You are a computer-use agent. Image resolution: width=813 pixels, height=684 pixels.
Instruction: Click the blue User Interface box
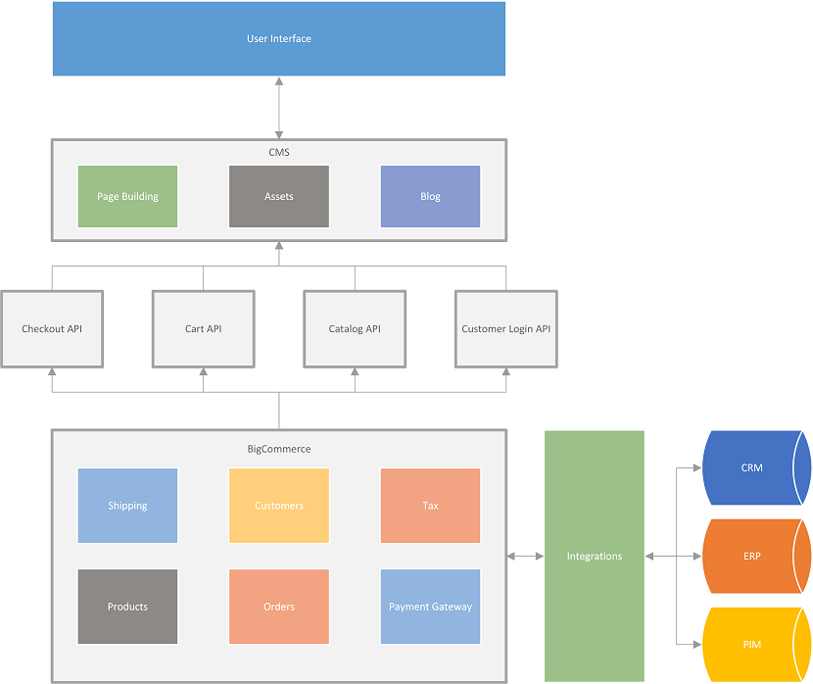coord(279,39)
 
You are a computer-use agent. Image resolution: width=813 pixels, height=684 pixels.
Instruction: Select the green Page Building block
coord(127,196)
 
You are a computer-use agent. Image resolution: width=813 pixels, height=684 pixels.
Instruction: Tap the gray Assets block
coord(279,196)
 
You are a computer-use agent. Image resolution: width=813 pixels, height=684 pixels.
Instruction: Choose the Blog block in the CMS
coord(430,196)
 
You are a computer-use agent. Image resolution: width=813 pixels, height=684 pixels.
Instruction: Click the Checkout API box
coord(52,328)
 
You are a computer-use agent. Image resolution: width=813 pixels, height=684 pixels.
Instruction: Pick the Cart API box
coord(203,328)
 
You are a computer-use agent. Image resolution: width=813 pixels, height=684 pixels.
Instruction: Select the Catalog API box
coord(355,328)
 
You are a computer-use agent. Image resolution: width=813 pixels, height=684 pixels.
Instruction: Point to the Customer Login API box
coord(505,328)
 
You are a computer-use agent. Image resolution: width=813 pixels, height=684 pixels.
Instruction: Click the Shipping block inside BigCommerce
coord(127,506)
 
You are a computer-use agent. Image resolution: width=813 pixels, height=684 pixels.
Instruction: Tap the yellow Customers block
coord(279,506)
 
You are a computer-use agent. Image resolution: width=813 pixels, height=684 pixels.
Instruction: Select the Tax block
coord(430,506)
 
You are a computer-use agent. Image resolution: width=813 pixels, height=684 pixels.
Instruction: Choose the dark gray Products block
coord(127,607)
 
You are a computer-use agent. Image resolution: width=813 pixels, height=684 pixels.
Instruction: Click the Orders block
coord(279,607)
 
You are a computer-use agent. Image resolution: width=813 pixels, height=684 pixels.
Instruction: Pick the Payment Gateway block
coord(430,607)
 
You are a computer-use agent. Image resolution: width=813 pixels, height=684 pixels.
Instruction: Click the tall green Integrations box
coord(595,556)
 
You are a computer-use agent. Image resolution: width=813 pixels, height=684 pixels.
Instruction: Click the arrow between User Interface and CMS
coord(279,107)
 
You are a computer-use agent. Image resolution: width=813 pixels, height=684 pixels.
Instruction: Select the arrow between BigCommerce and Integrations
coord(525,557)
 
